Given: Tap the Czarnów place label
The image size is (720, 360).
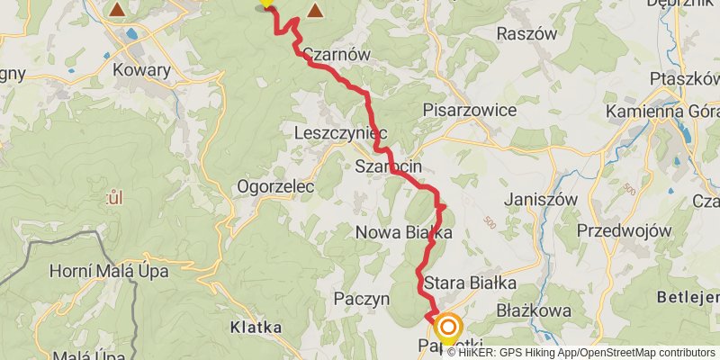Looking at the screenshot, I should click(337, 54).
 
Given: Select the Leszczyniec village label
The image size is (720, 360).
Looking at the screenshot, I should click(339, 133).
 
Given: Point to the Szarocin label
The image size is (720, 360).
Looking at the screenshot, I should click(389, 167).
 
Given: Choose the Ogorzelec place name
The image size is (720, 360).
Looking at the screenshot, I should click(274, 187).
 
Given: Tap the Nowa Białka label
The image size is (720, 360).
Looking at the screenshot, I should click(403, 233).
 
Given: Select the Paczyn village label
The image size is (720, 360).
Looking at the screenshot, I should click(360, 298).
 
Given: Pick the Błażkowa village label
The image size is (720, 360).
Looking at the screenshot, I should click(535, 310).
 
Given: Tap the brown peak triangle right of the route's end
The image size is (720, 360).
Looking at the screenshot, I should click(316, 12).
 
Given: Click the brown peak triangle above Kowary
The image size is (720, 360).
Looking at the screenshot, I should click(117, 10).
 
